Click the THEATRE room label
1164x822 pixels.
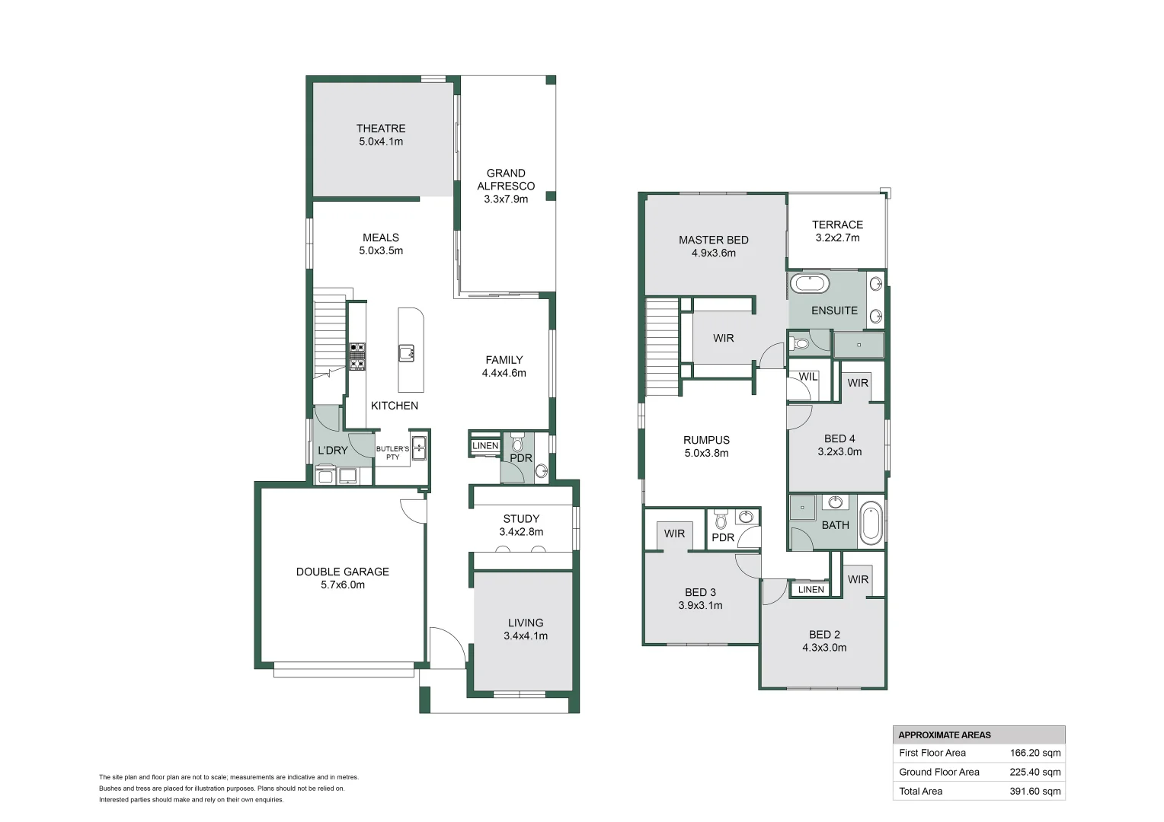(381, 129)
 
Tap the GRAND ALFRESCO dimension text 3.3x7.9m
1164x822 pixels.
(506, 199)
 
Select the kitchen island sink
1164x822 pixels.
(407, 352)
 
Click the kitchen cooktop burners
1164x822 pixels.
(357, 356)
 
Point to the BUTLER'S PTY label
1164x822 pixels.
(392, 453)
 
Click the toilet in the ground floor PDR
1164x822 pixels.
(518, 443)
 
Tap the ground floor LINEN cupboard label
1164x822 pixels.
(485, 446)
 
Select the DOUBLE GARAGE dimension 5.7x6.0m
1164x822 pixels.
(343, 585)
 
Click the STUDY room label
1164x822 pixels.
(521, 519)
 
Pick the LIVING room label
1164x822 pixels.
(526, 623)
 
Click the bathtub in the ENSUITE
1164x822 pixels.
(809, 284)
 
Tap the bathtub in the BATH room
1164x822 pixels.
(871, 523)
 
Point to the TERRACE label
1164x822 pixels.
(837, 225)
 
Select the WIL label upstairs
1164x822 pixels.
(807, 377)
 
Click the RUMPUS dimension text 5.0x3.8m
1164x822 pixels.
(706, 453)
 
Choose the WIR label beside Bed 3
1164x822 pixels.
(674, 534)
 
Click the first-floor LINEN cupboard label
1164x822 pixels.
(811, 589)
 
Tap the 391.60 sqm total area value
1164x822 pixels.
(1035, 791)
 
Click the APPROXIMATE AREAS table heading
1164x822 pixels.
(945, 734)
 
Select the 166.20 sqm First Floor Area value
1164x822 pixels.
(1035, 753)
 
